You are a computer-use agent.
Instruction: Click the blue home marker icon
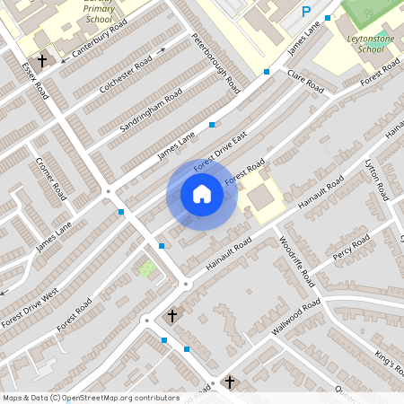[202, 194]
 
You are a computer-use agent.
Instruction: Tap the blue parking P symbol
[306, 12]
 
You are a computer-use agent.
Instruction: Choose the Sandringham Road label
[150, 110]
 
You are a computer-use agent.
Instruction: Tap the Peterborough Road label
[217, 64]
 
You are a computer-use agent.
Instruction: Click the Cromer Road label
[51, 179]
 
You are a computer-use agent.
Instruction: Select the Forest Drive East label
[219, 154]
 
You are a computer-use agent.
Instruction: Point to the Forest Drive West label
[32, 307]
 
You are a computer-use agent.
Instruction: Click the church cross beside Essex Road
[42, 60]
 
